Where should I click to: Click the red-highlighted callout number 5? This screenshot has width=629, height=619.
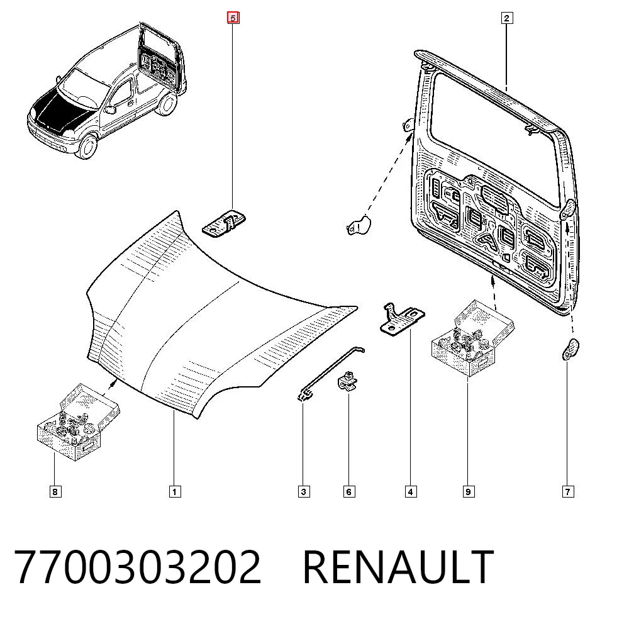tap(233, 18)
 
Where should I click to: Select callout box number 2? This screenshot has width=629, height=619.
tap(506, 18)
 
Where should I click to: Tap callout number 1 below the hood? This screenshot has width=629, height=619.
tap(174, 491)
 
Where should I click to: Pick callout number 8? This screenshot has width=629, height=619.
tap(55, 491)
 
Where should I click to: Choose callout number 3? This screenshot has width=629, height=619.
tap(304, 491)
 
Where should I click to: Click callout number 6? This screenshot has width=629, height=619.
tap(349, 491)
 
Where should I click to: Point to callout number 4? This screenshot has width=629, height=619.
tap(410, 491)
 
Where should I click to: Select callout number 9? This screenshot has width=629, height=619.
tap(468, 491)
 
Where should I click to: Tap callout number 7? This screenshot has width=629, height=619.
tap(567, 491)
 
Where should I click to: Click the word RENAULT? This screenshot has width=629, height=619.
tap(398, 567)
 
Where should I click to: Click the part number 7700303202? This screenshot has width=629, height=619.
tap(138, 567)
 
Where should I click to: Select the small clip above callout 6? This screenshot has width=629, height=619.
tap(347, 381)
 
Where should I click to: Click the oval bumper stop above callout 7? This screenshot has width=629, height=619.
tap(571, 349)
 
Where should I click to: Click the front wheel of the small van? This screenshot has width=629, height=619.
tap(87, 147)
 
